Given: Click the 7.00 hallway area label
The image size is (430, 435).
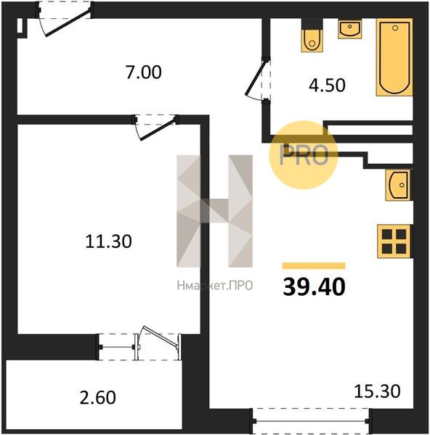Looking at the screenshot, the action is point(143,72).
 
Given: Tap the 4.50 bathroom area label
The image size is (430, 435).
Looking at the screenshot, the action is point(327,85).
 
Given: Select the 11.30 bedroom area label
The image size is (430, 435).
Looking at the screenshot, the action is point(108,241).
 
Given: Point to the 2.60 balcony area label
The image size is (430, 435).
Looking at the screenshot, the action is point(97,397).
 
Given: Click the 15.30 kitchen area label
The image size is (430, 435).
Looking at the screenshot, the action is point(377,391).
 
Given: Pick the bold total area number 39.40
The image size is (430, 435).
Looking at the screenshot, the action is point(314,286).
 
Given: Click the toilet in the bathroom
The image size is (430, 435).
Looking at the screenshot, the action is point(312,36).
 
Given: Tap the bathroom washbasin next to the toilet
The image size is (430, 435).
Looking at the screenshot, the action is point(349,29).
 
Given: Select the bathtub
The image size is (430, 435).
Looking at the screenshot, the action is point(394,57).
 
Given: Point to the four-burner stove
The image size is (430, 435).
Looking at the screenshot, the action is point(394,241).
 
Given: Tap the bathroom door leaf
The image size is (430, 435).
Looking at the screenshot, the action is point(256,78).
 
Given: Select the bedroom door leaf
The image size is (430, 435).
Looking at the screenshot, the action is point(158,129).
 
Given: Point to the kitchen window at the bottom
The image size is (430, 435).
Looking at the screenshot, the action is point(311,421).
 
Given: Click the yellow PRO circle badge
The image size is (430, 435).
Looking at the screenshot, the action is point(304,155).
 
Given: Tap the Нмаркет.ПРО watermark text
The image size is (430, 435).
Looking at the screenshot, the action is point(214,286).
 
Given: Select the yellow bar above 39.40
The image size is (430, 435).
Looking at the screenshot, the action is point(314,266).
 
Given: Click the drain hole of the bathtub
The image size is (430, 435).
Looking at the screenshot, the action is point(395,28).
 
